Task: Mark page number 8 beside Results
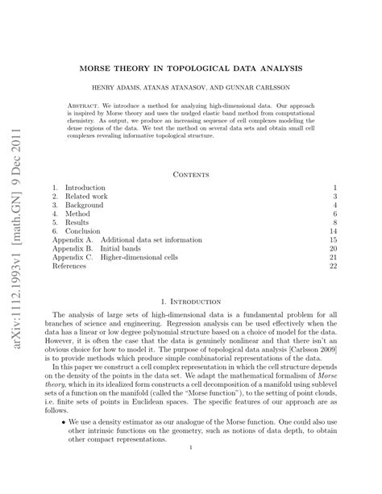pos(334,225)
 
